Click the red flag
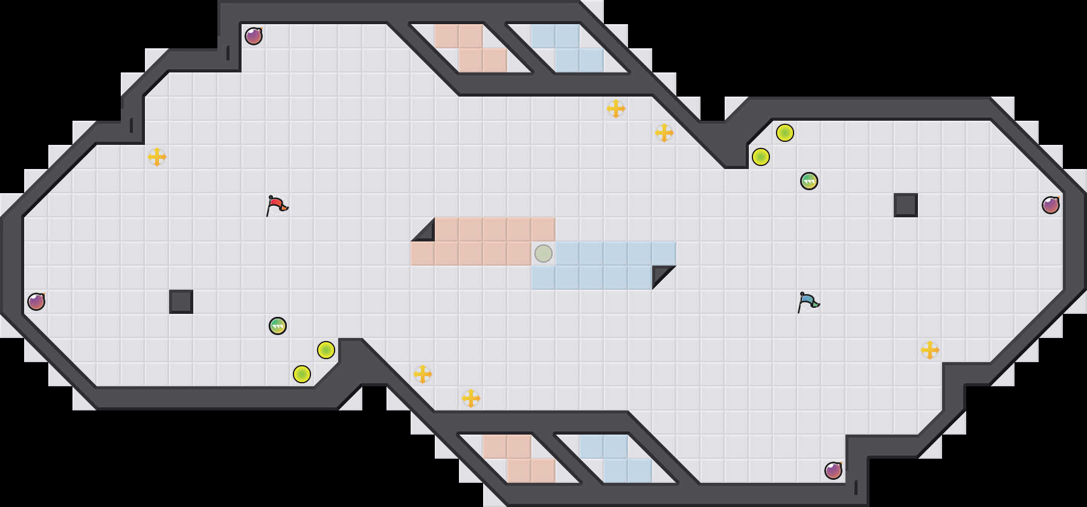pos(277,205)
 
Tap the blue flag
pos(808,302)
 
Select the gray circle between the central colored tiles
pos(543,253)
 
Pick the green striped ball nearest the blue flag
pos(809,181)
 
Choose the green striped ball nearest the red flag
pos(278,326)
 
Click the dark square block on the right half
pos(906,205)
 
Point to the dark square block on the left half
pos(181,302)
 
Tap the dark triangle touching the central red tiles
pos(426,233)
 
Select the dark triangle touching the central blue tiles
pos(661,274)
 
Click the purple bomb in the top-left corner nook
pos(254,36)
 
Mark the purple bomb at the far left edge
pos(36,302)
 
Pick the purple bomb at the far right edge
pos(1051,205)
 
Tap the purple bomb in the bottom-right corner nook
pos(833,471)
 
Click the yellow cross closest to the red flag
pos(157,157)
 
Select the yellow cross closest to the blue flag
pos(930,350)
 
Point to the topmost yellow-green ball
pos(785,133)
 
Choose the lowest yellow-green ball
pos(302,374)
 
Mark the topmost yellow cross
pos(616,109)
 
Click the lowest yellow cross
pos(471,398)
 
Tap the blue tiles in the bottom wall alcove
pos(616,459)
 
